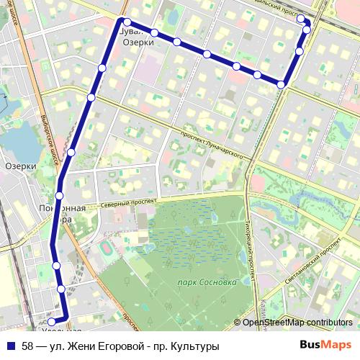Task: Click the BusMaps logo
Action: click(x=325, y=346)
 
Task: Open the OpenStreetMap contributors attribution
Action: click(x=297, y=323)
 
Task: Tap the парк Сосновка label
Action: click(x=208, y=283)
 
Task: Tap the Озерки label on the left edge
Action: click(x=20, y=166)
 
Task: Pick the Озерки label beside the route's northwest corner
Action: click(x=138, y=42)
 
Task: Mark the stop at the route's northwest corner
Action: click(x=126, y=22)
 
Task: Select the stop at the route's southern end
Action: click(x=51, y=322)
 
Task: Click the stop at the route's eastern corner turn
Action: click(x=282, y=84)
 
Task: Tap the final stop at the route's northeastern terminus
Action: click(x=301, y=19)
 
